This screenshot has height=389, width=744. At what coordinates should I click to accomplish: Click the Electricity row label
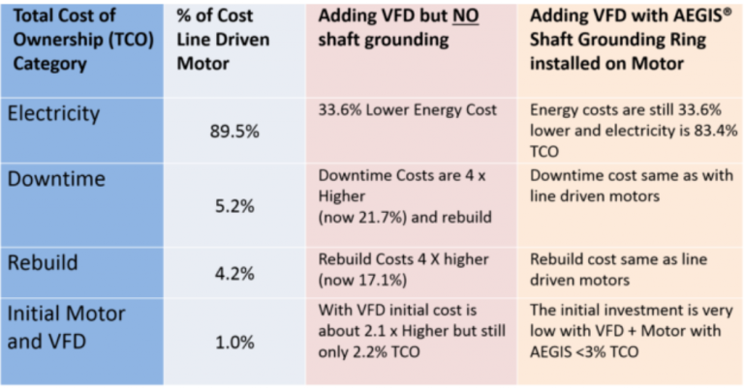point(53,114)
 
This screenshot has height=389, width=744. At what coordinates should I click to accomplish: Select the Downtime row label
point(49,179)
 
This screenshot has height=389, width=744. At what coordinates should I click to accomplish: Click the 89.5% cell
point(234,132)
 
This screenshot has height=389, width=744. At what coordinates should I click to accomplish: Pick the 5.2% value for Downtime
point(234,204)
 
